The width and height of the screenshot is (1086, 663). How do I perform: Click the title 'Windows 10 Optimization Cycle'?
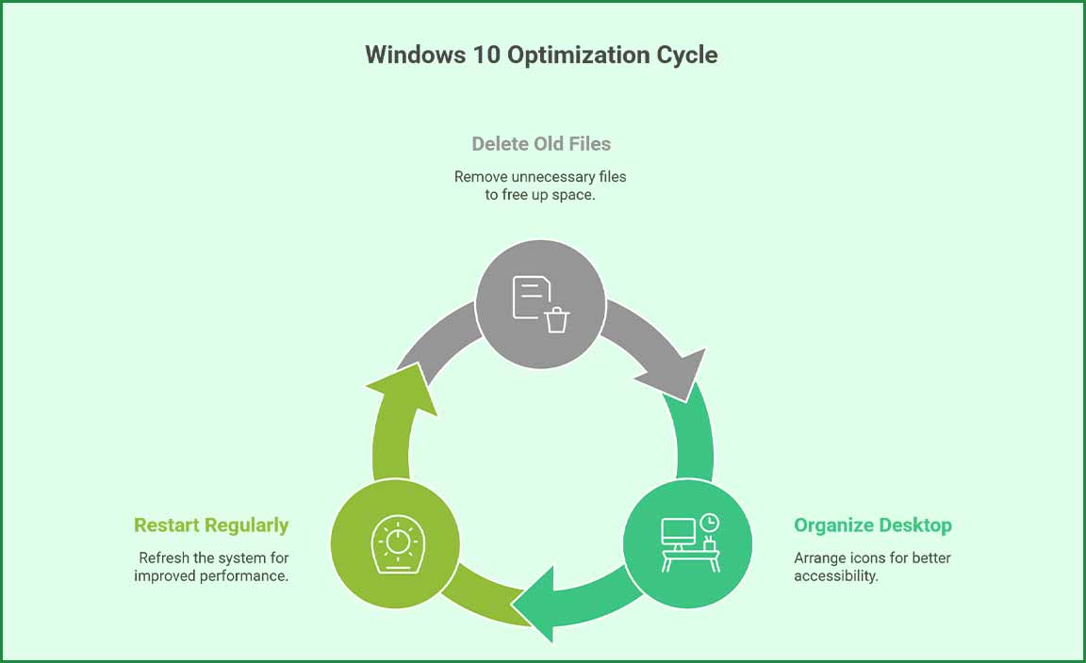(541, 55)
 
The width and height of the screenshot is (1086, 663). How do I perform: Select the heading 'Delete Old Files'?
(541, 144)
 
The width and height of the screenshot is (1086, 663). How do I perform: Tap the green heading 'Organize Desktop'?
(872, 526)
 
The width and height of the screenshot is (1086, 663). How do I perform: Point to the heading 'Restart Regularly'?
(211, 526)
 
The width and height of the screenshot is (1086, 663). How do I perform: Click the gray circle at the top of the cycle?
(540, 303)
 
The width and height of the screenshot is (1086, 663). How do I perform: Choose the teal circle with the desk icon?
(687, 543)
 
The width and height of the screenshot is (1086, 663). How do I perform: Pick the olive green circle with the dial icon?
(395, 543)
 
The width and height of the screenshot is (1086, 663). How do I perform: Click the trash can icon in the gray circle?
(557, 320)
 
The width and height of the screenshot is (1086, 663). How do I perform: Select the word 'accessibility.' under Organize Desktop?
(836, 575)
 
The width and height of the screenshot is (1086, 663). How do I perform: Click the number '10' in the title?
(485, 55)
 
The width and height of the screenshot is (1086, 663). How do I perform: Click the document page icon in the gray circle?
(529, 297)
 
